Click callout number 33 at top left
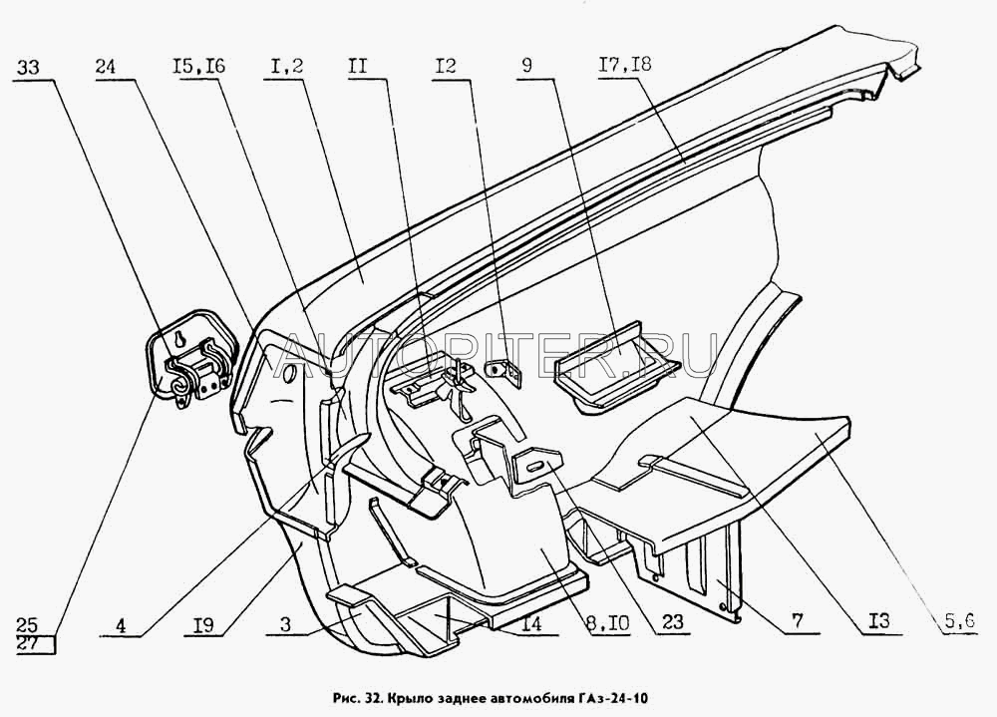click(28, 67)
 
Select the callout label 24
click(108, 67)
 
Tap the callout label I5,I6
click(198, 67)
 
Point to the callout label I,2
click(283, 67)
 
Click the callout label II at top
click(357, 66)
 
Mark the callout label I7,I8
click(625, 65)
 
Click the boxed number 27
click(29, 643)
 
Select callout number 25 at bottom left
click(28, 624)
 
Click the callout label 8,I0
click(607, 623)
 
